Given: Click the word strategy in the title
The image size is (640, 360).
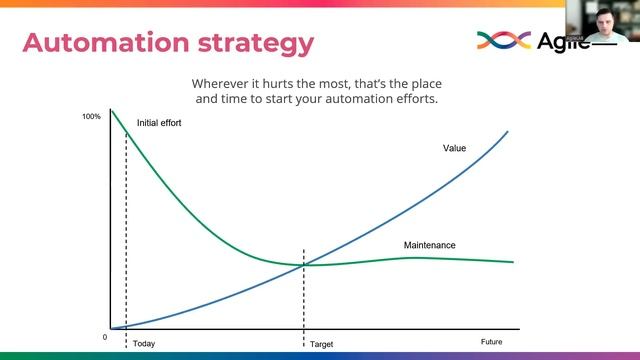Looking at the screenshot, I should pyautogui.click(x=254, y=43).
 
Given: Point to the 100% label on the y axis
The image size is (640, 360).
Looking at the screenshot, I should pyautogui.click(x=91, y=117).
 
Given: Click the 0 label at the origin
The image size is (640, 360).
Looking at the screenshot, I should pyautogui.click(x=104, y=337).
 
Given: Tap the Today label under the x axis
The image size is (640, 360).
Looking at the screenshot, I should pyautogui.click(x=144, y=343).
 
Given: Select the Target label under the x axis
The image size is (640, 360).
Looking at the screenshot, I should pyautogui.click(x=321, y=343).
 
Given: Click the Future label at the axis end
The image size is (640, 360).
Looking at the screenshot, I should pyautogui.click(x=491, y=342).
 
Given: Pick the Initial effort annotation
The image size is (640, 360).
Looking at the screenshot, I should pyautogui.click(x=160, y=123).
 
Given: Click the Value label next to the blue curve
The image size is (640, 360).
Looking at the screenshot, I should pyautogui.click(x=454, y=148).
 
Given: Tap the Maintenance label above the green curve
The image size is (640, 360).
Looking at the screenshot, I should pyautogui.click(x=429, y=245).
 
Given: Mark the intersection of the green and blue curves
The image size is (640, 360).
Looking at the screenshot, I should pyautogui.click(x=304, y=264).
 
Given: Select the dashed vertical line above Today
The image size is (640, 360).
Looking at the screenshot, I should pyautogui.click(x=126, y=230).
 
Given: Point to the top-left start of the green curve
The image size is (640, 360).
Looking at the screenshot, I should pyautogui.click(x=111, y=110).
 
